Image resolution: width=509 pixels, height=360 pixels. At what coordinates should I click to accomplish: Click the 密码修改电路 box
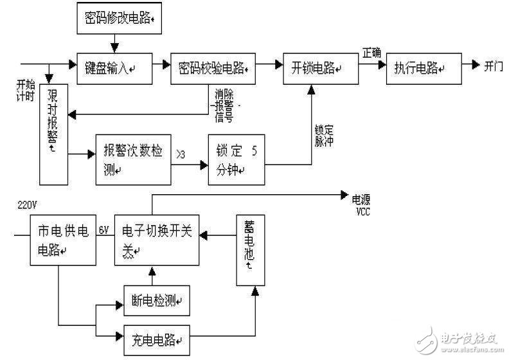tap(115, 19)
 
